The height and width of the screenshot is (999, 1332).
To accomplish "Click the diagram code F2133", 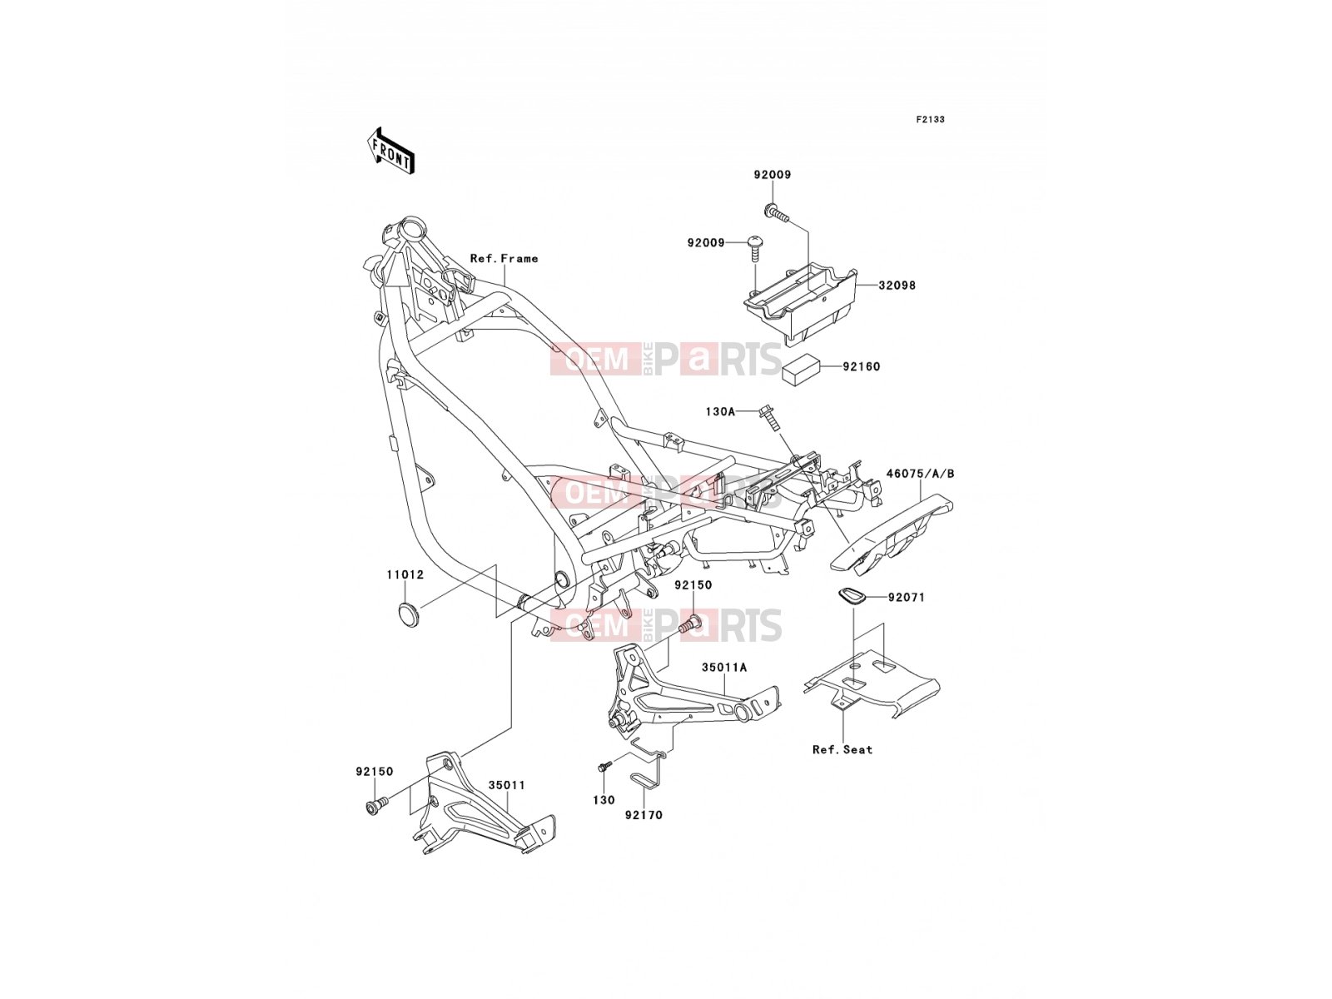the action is (x=930, y=120).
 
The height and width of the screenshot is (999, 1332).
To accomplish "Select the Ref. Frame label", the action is (x=504, y=258).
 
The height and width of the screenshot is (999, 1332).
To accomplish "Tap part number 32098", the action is (x=897, y=285).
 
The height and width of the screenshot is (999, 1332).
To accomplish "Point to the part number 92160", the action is (x=861, y=366).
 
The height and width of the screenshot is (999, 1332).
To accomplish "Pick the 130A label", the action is (x=720, y=412).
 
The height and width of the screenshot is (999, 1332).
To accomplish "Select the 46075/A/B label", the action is (x=920, y=473).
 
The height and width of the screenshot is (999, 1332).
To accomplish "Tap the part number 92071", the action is (x=907, y=598).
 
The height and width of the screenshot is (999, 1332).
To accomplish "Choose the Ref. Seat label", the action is (x=842, y=750).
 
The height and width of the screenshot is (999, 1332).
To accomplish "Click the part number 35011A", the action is (x=724, y=668).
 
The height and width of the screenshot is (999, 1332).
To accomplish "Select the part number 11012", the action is (x=405, y=574).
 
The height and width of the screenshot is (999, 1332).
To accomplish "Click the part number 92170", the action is (x=644, y=815).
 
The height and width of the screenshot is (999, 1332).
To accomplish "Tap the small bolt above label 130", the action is (x=604, y=767).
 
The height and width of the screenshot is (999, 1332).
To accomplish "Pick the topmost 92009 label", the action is (x=773, y=175).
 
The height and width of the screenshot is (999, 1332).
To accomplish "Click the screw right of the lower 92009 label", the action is (x=754, y=248).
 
